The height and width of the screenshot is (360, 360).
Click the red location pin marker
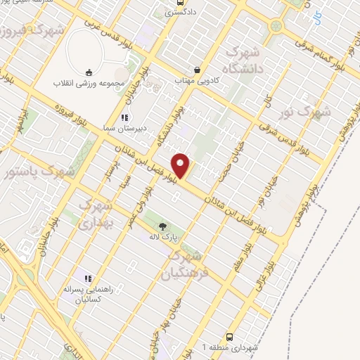click(183, 165)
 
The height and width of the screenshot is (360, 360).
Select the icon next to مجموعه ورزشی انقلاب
click(89, 71)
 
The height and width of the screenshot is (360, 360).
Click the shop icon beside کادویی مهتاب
click(198, 70)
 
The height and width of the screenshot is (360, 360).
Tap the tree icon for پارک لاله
click(163, 226)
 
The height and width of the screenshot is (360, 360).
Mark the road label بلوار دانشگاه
click(176, 127)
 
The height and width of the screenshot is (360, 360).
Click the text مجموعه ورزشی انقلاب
click(89, 82)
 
